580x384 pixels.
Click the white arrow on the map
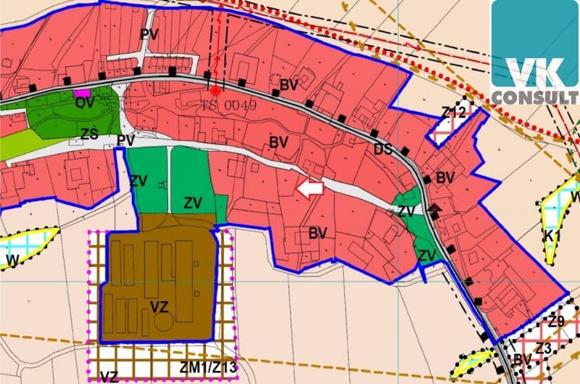tap(310, 189)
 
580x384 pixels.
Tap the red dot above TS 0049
tap(215, 91)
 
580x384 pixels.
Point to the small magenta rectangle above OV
tap(83, 93)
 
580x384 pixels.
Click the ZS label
tap(89, 134)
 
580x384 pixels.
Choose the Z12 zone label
tap(453, 113)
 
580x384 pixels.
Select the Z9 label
tap(556, 321)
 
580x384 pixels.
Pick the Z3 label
tap(544, 349)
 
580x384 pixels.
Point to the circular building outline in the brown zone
tap(164, 320)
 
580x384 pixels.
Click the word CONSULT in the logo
tap(535, 97)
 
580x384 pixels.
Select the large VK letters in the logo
tap(535, 70)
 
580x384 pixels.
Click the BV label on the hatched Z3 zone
tap(522, 359)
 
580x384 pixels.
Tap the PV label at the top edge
tap(149, 34)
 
